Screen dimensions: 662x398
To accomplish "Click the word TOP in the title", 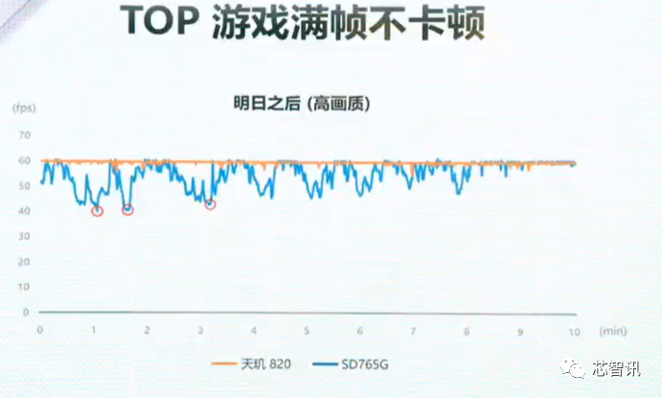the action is tap(159, 21).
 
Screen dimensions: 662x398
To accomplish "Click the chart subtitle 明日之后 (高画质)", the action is tap(302, 103).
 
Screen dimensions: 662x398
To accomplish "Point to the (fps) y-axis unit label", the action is tap(24, 107).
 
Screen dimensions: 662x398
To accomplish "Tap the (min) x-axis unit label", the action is tap(613, 331).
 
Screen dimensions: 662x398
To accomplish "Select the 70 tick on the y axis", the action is tap(25, 135).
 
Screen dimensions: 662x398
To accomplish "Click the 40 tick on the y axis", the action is tap(25, 211).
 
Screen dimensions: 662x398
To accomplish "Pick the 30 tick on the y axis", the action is tap(25, 236).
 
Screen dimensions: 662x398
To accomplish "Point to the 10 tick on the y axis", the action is tap(25, 287).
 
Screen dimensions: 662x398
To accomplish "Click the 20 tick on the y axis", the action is tap(25, 262).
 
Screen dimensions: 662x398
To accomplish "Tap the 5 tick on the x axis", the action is tap(307, 331).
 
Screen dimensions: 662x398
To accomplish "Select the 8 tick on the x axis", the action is tap(467, 332).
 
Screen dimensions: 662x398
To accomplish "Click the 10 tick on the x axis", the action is tap(574, 332).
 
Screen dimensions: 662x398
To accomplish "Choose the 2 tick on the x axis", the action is tap(147, 330).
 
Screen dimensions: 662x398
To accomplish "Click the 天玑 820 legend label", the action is tap(266, 363).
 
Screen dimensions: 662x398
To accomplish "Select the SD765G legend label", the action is tap(365, 364).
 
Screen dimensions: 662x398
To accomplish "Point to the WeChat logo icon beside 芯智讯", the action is tap(573, 368).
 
